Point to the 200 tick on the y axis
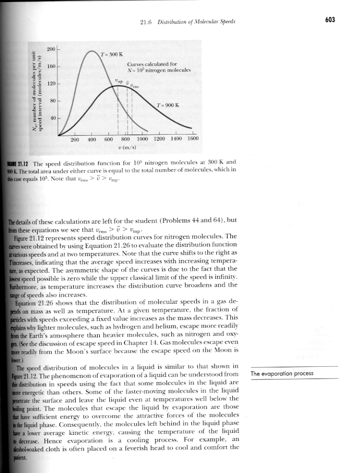click(x=50, y=49)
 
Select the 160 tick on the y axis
click(x=50, y=66)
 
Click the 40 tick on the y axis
click(x=52, y=118)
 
